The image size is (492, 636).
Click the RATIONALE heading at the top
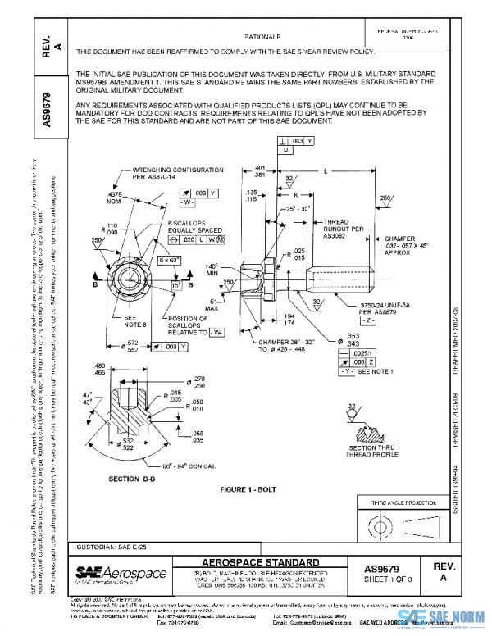263,38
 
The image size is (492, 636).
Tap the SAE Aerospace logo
121,571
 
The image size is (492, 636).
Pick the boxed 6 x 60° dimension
170,260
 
